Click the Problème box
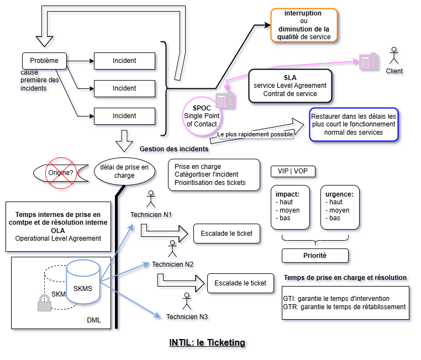(x=44, y=60)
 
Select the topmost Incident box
(x=124, y=60)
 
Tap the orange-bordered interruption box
(x=304, y=25)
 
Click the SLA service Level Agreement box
(x=290, y=86)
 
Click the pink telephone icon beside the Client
(x=368, y=61)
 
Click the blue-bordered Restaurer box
(x=353, y=125)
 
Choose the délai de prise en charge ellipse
(x=124, y=172)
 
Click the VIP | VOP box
(x=293, y=171)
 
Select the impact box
(x=293, y=207)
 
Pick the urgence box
(x=343, y=207)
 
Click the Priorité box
(x=315, y=256)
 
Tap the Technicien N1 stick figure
(x=150, y=200)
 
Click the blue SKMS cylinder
(x=83, y=288)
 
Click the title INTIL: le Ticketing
(x=207, y=343)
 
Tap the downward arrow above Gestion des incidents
(x=124, y=141)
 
